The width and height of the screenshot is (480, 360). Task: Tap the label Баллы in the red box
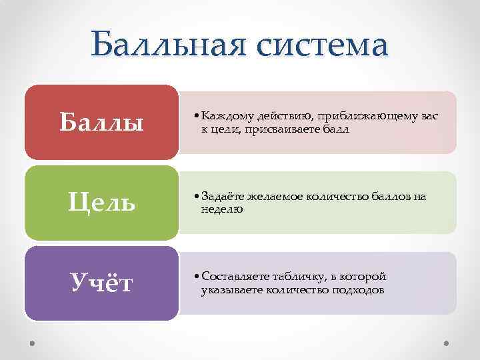click(101, 122)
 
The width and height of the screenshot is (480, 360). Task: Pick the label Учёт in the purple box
click(102, 283)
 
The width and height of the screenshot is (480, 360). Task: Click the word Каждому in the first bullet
click(227, 116)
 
